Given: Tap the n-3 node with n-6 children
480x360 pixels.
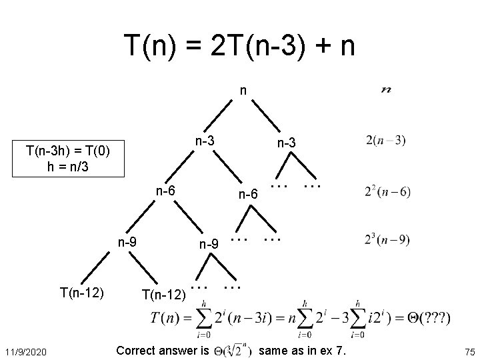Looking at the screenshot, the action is (x=204, y=141).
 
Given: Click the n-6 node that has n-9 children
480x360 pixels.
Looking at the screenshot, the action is (x=165, y=191).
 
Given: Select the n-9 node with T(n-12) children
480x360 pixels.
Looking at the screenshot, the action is (x=127, y=241).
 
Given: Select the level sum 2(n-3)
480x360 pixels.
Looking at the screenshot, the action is (x=385, y=141).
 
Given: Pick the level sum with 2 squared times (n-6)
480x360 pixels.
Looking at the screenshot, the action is (x=387, y=191).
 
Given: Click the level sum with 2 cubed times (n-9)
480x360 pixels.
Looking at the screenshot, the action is (x=387, y=241).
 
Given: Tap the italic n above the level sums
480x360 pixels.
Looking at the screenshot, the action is (x=385, y=89).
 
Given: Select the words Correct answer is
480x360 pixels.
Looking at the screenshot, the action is (x=163, y=349).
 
